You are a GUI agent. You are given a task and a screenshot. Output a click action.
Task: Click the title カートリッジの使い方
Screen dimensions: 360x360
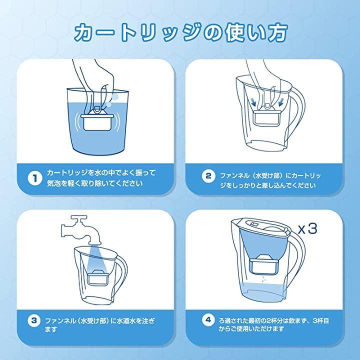tap(181, 33)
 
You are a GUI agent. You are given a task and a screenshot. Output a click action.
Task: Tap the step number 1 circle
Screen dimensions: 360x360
tap(35, 178)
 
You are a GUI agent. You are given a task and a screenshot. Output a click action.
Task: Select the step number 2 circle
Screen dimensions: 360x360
tap(208, 176)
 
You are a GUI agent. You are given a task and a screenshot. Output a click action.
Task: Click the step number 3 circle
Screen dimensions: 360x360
tap(34, 320)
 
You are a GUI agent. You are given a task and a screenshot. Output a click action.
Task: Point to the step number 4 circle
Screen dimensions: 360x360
tap(208, 319)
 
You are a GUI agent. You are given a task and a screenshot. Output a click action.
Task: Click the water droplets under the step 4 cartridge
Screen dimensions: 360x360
tap(264, 279)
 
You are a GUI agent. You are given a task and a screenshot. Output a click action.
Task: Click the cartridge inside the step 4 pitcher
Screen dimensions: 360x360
tap(264, 264)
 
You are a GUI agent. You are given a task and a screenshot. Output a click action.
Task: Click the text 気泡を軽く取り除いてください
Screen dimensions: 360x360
tap(94, 183)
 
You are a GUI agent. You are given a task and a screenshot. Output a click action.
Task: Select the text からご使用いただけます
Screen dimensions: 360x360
tap(251, 329)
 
